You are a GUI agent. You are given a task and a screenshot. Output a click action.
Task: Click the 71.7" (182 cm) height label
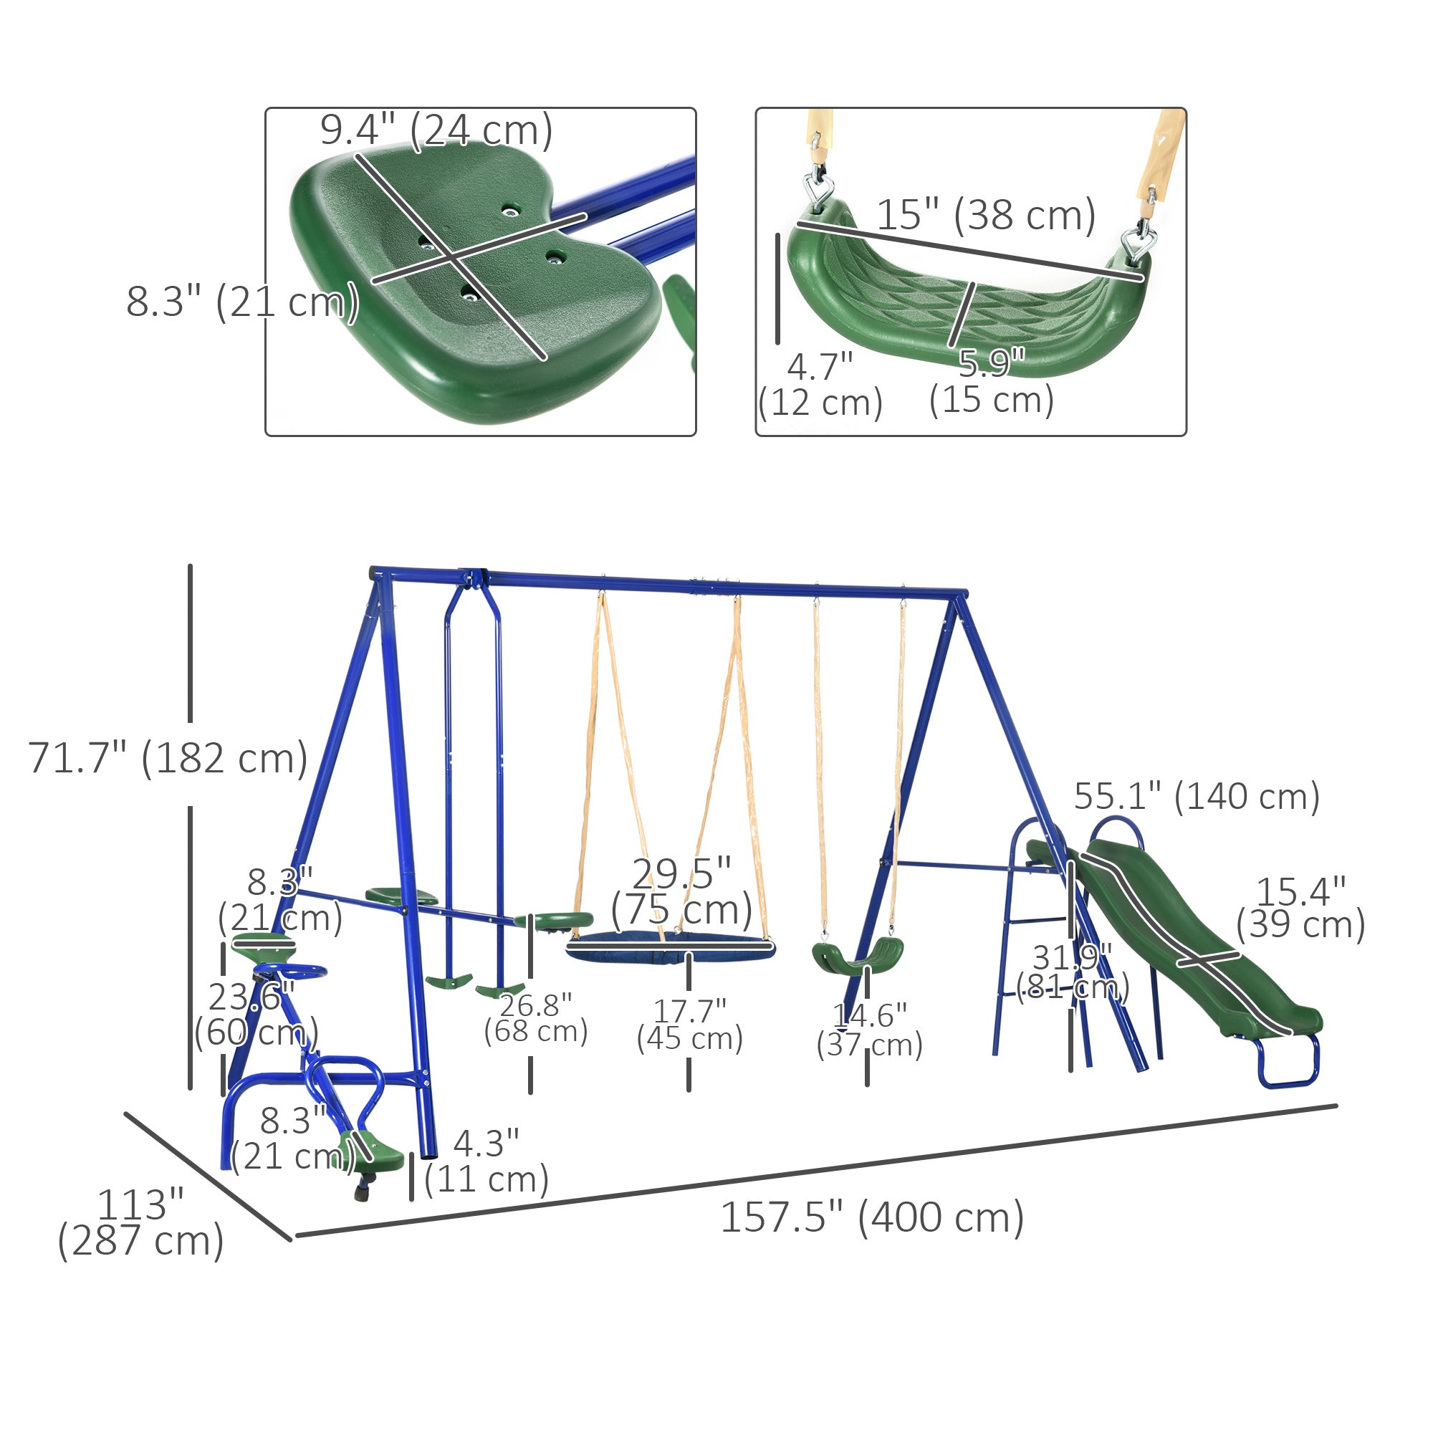pos(168,758)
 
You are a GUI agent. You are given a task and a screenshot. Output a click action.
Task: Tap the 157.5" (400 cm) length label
pos(872,1217)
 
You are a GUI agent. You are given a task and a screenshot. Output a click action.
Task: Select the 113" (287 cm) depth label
pos(140,1223)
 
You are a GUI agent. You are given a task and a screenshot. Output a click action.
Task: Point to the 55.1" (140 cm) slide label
pos(1197,797)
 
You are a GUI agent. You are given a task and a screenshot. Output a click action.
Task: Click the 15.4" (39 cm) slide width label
pos(1300,909)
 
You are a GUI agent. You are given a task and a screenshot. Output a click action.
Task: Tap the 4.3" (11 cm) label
pos(486,1161)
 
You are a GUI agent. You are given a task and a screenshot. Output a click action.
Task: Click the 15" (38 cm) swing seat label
pos(986,215)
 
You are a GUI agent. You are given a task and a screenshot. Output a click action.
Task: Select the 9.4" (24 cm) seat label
pos(436,130)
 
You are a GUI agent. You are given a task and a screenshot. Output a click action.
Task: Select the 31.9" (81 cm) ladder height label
pos(1073,972)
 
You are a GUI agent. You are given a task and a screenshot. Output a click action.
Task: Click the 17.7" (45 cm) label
pos(689,1025)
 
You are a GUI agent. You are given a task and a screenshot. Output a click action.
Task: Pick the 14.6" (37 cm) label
pos(869,1030)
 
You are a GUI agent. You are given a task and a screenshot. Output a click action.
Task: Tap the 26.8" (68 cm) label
pos(535,1018)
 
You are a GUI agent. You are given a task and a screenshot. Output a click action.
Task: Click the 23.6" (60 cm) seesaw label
pos(256,1014)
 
